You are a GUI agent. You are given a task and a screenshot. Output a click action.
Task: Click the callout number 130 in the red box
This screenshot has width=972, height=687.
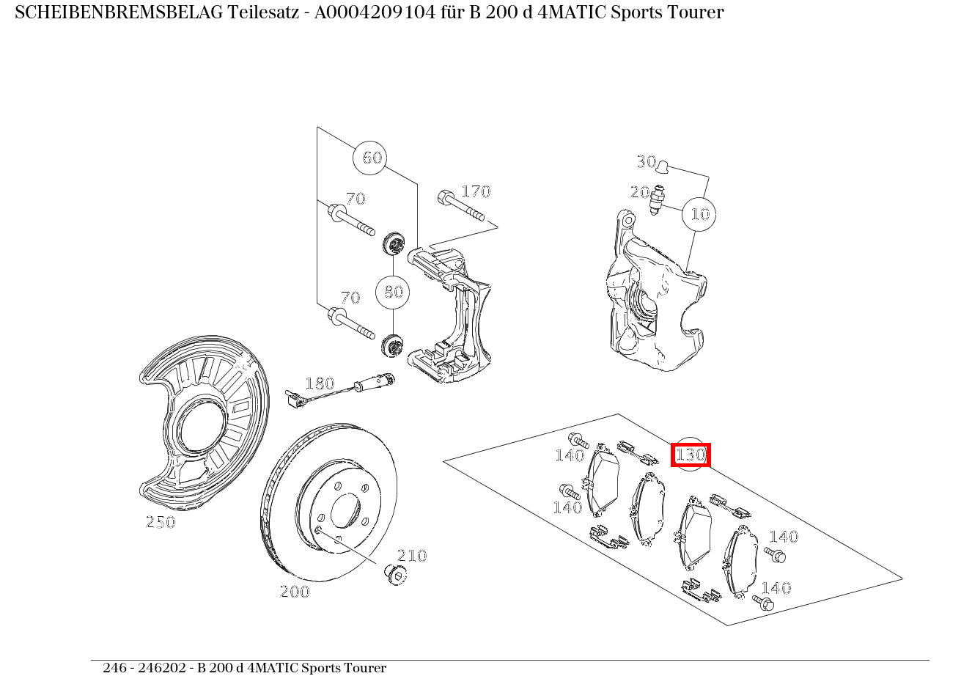[x=691, y=455]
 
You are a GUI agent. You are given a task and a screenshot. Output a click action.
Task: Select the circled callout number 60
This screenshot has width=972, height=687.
[x=369, y=158]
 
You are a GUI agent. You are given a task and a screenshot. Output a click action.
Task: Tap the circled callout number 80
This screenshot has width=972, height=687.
[x=393, y=292]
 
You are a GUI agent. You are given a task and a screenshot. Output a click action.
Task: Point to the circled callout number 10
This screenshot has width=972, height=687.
[x=699, y=214]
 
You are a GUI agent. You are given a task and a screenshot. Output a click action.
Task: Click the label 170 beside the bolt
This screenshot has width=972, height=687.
[x=476, y=191]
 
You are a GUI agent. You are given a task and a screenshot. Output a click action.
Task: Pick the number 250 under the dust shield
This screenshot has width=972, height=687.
[x=161, y=522]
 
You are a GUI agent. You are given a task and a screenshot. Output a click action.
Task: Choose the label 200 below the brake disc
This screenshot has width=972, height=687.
[x=295, y=592]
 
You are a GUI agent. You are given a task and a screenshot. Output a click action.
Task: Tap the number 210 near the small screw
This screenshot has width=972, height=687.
[x=412, y=556]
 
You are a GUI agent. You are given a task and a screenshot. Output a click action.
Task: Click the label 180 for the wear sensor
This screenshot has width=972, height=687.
[x=320, y=383]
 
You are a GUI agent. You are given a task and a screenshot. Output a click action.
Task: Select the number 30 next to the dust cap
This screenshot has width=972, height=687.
[x=647, y=162]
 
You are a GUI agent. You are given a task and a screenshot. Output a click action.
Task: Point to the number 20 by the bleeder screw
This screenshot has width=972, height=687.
[x=640, y=192]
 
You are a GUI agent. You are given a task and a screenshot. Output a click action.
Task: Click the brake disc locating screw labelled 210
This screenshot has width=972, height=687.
[x=396, y=575]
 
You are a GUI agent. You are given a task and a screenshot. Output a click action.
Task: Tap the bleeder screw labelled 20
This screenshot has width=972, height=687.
[x=658, y=199]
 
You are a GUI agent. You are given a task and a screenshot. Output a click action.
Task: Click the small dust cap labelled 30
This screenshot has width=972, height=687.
[x=663, y=166]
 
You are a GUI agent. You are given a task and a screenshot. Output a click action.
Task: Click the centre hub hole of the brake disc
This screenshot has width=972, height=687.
[x=346, y=510]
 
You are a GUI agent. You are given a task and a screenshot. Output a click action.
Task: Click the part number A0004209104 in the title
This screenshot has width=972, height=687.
[x=375, y=12]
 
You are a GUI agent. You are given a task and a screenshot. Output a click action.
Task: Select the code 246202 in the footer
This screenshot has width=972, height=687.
[x=162, y=668]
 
